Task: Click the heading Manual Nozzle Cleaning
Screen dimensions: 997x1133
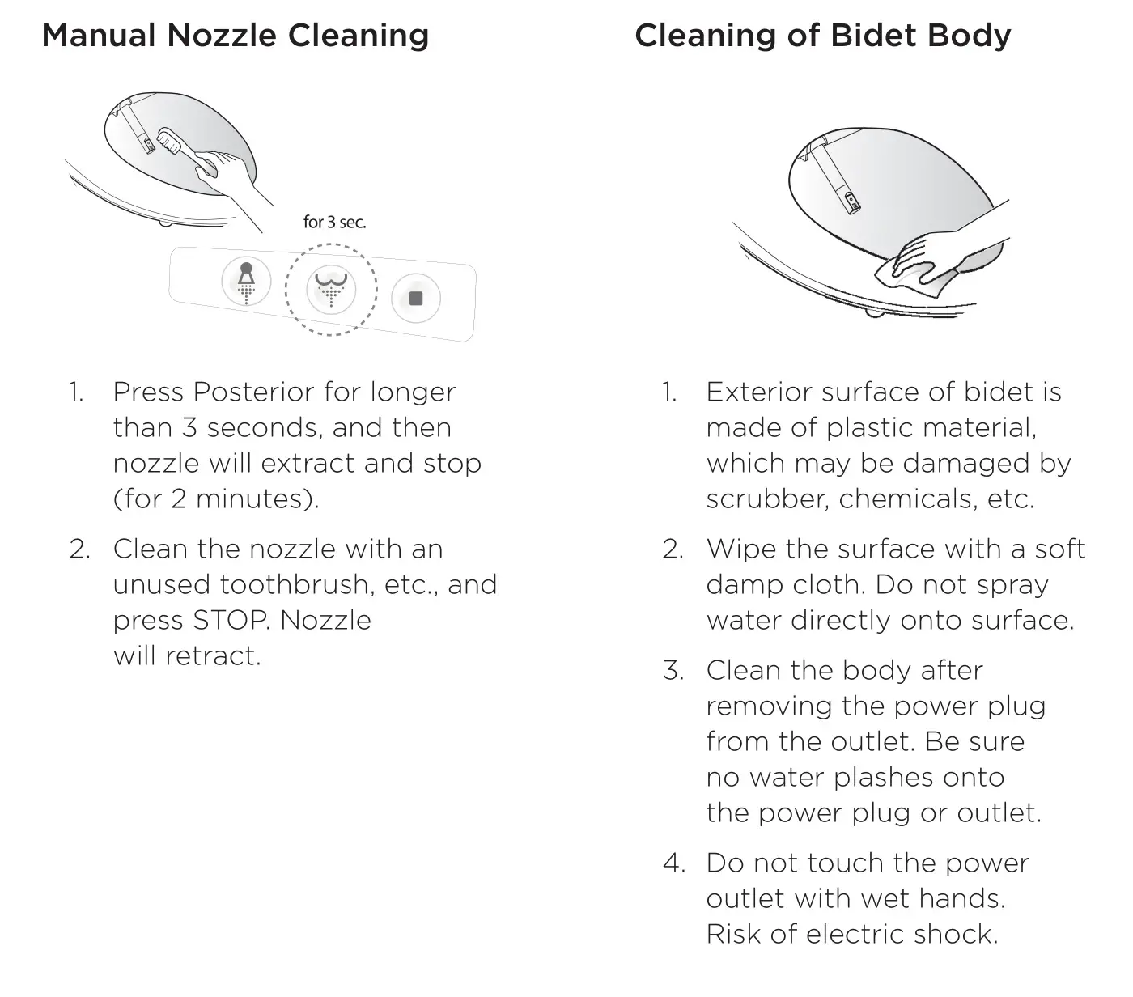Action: click(235, 36)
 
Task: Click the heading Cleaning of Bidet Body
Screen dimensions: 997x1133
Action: click(822, 36)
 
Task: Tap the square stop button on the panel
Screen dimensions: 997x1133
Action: click(416, 299)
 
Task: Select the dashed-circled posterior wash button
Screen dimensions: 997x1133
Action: click(331, 289)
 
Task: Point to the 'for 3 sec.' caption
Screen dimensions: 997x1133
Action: click(334, 223)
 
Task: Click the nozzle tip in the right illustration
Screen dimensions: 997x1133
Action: click(851, 199)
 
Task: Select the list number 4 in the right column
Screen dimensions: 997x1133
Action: click(673, 863)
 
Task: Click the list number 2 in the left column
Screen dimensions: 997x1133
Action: click(79, 549)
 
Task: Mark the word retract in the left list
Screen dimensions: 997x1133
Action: click(212, 656)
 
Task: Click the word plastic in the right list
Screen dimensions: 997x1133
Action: click(870, 428)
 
